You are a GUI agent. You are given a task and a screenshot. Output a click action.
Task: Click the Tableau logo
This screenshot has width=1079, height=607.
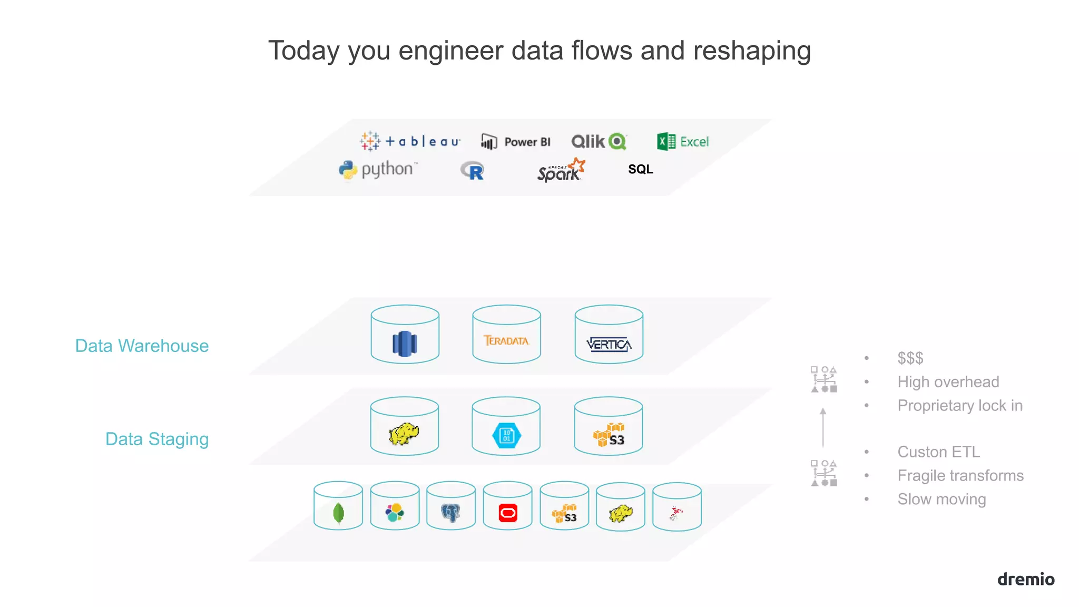(x=410, y=141)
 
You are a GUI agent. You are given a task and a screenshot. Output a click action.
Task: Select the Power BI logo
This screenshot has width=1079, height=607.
(x=516, y=142)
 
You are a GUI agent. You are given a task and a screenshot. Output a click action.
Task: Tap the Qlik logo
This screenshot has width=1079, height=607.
(x=599, y=141)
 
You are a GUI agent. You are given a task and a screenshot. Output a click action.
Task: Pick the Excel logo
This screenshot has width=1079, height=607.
(x=683, y=141)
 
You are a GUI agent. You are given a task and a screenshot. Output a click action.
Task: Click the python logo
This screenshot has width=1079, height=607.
(x=378, y=170)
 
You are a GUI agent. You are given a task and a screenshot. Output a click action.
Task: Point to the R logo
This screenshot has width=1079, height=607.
(x=472, y=171)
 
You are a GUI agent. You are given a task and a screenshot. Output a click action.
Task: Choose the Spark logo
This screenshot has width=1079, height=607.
(x=561, y=170)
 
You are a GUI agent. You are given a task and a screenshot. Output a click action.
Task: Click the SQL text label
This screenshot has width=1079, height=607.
(x=640, y=169)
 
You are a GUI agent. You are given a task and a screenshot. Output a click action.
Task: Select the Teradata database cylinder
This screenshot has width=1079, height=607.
(x=506, y=334)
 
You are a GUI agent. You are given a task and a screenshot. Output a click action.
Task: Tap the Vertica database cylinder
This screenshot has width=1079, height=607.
(x=609, y=334)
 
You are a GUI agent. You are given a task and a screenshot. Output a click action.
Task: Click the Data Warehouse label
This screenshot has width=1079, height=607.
(x=142, y=346)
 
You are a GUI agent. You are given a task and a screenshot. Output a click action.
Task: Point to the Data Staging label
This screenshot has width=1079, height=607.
(x=157, y=439)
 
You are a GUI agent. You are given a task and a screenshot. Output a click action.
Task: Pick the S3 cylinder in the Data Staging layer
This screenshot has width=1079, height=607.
(x=609, y=426)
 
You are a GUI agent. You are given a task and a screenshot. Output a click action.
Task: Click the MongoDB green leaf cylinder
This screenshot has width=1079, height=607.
(x=338, y=505)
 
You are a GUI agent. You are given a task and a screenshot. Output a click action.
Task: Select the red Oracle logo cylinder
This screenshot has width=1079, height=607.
(x=508, y=505)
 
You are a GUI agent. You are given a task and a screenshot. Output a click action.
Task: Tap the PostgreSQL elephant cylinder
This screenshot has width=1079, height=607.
(x=451, y=505)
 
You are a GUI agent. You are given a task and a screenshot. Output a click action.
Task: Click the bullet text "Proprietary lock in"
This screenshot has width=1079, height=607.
(x=960, y=406)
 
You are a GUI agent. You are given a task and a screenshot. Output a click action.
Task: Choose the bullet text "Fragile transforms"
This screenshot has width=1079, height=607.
(x=960, y=476)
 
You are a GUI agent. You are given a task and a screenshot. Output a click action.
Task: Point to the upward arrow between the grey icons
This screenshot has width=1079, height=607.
(x=823, y=427)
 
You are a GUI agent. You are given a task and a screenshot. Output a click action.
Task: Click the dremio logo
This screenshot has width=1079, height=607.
(x=1026, y=579)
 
